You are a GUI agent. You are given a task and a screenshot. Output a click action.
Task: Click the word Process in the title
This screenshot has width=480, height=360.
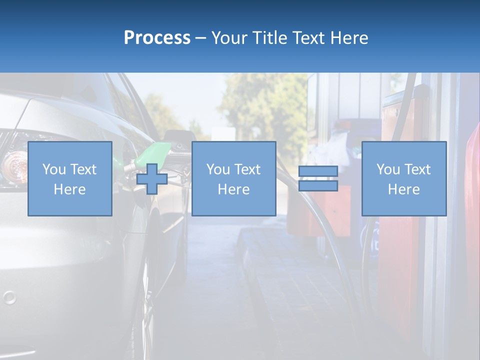157,38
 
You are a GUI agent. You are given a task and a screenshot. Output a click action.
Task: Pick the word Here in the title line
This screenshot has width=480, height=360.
349,38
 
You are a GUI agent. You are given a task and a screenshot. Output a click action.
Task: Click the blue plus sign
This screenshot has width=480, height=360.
152,179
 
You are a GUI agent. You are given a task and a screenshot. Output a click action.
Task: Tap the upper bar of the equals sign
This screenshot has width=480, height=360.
318,171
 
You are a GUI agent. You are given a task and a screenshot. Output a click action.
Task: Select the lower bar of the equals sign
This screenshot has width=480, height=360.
318,186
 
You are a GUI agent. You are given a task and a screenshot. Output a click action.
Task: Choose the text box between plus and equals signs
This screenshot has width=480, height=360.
233,178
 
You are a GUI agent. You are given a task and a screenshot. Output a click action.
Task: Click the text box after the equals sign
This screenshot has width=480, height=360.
403,178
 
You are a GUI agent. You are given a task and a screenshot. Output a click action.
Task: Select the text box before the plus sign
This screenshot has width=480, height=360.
69,178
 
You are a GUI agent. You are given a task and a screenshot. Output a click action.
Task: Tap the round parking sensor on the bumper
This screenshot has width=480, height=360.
9,298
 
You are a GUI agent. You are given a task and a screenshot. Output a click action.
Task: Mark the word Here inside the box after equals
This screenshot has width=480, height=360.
403,189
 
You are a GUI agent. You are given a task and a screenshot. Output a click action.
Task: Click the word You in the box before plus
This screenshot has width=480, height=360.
54,169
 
